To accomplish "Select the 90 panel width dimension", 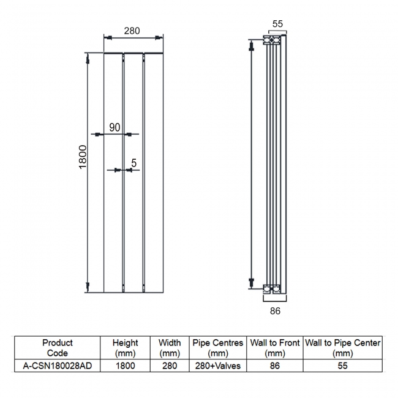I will [x=115, y=127].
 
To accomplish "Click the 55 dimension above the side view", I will [x=277, y=24].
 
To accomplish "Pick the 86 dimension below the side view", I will [x=275, y=311].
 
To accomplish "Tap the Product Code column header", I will [x=58, y=348].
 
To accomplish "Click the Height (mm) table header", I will [x=126, y=348].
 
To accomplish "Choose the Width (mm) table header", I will [x=169, y=348].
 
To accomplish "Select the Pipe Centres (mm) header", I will [x=217, y=348].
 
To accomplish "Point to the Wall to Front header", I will [x=275, y=348].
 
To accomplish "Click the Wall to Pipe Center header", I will [x=342, y=348].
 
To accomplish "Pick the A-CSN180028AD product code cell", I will [x=58, y=366].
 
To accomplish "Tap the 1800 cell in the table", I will [x=126, y=366].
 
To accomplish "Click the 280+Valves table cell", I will [x=217, y=366].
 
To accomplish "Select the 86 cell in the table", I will [x=275, y=366].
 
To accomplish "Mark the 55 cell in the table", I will [x=342, y=366].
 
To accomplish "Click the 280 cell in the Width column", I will [x=169, y=366].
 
